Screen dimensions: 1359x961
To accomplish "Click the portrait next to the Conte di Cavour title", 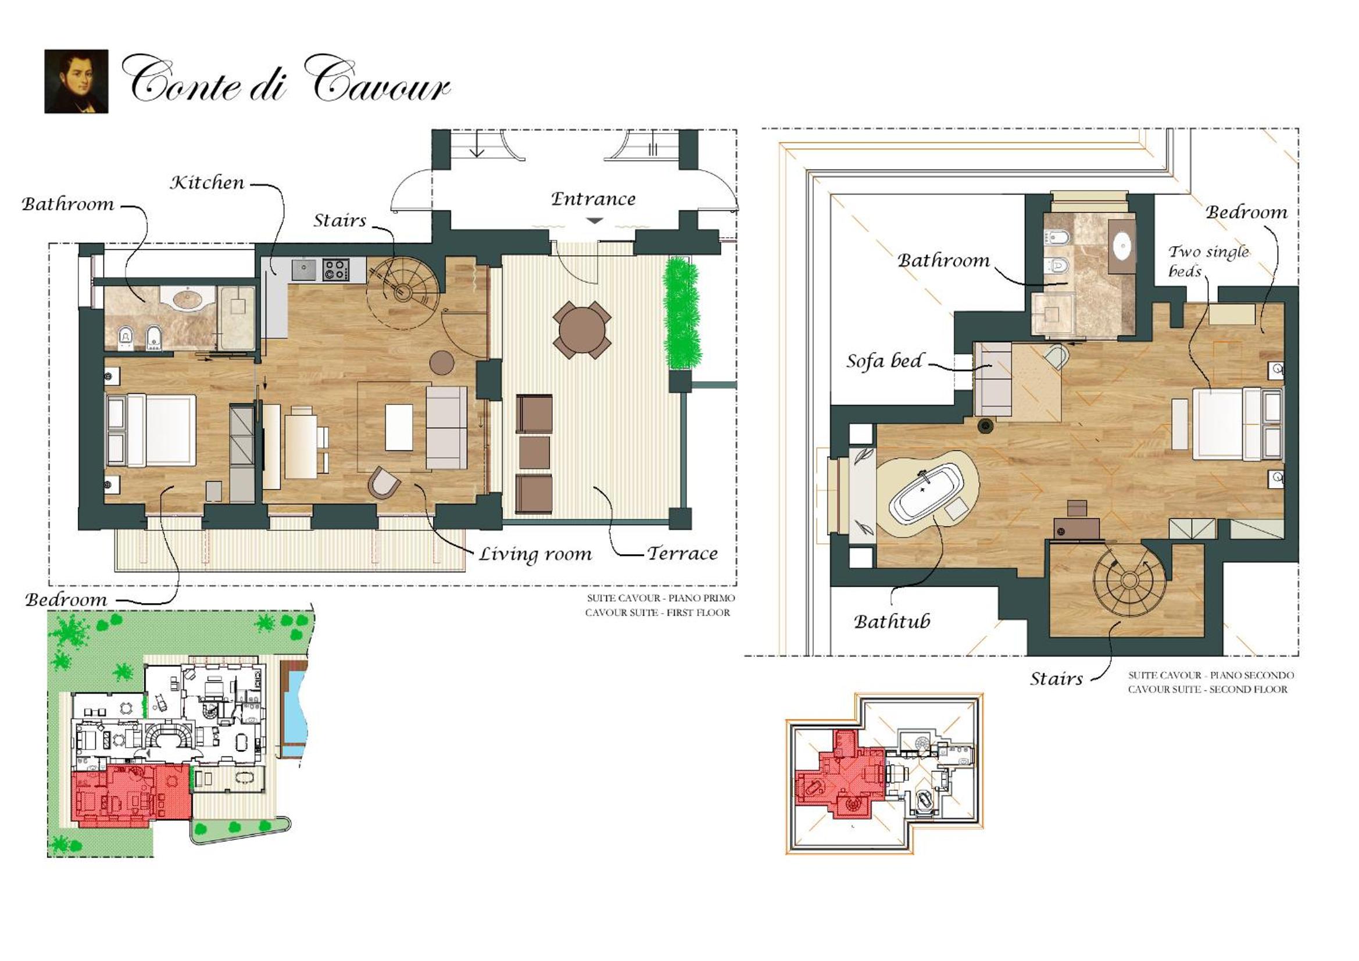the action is point(76,81).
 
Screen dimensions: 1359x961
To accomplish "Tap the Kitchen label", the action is point(207,182).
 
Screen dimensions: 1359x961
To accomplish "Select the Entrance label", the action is point(593,199).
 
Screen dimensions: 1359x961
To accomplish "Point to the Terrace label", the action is point(682,553).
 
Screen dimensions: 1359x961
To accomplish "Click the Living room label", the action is point(535,554).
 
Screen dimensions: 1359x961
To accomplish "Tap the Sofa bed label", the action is point(884,360).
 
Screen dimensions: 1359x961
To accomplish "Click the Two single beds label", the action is point(1207,261).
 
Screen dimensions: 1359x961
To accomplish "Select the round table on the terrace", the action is point(582,330).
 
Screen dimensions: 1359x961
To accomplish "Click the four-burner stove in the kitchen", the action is point(335,270).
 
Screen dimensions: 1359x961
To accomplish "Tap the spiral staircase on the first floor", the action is point(403,291).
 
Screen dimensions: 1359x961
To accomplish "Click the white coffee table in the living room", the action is point(399,427).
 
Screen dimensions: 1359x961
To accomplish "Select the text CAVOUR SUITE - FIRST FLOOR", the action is point(657,612).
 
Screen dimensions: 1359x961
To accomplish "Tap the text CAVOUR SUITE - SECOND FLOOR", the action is point(1207,690).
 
